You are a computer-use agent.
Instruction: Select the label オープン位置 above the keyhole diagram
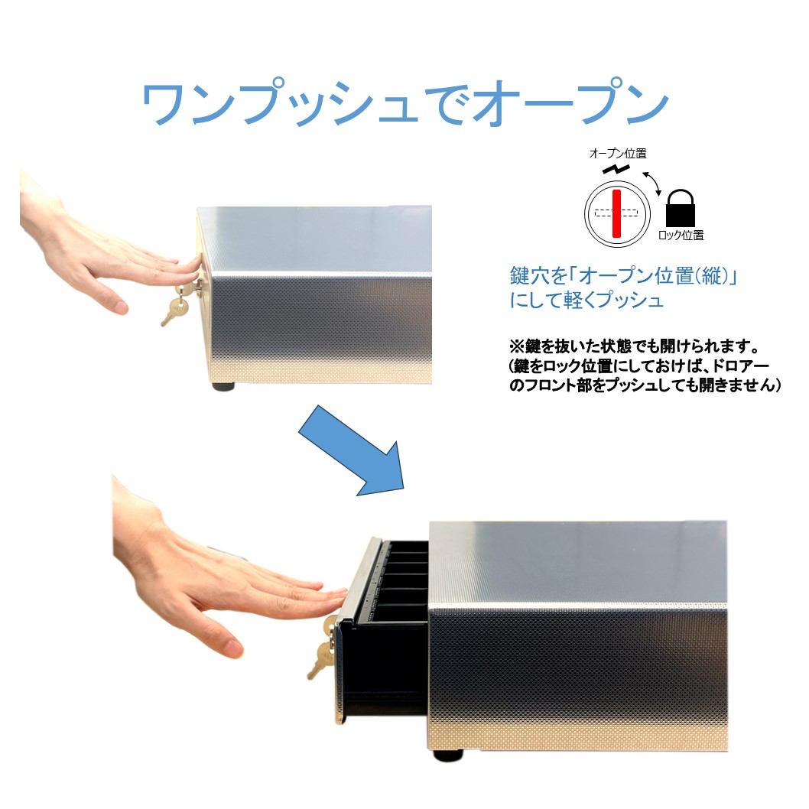[x=617, y=154]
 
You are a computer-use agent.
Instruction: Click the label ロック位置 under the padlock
[x=681, y=236]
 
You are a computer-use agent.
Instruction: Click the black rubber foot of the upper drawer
[x=223, y=385]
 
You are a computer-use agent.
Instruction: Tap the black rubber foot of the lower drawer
[x=447, y=755]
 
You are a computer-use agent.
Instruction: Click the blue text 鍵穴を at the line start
[x=533, y=275]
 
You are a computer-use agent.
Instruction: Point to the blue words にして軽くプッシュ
[x=586, y=300]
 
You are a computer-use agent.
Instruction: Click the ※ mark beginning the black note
[x=515, y=347]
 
